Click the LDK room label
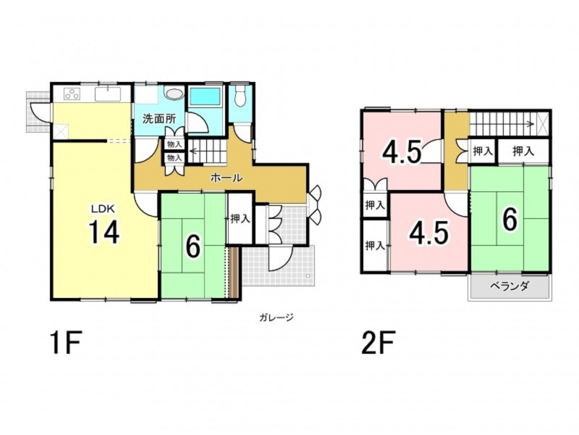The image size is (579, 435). (103, 209)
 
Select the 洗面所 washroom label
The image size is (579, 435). (159, 119)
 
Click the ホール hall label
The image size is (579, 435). (227, 178)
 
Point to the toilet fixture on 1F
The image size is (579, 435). (240, 97)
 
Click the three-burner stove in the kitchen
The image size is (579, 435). (72, 94)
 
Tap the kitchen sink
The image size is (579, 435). (107, 94)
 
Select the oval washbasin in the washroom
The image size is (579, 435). (174, 93)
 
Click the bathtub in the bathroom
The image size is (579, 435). (205, 96)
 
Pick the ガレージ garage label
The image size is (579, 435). (276, 317)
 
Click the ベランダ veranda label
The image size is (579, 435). (510, 286)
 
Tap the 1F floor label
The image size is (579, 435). (66, 343)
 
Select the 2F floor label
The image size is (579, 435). (379, 343)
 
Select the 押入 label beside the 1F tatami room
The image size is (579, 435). (240, 219)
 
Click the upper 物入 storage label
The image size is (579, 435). (174, 144)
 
